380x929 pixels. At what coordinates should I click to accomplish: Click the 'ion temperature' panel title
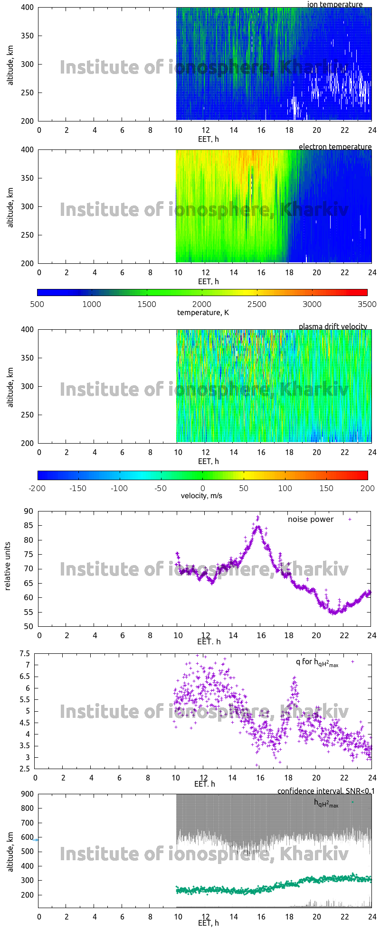point(335,4)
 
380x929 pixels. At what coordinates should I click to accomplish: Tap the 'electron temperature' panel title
point(335,147)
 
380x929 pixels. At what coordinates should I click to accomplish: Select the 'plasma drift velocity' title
point(332,326)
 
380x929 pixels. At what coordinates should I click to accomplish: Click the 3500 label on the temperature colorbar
point(367,304)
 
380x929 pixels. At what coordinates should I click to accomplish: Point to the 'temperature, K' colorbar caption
point(203,312)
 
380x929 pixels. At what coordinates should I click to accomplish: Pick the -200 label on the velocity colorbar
point(38,488)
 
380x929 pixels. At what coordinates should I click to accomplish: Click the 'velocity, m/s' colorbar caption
point(201,496)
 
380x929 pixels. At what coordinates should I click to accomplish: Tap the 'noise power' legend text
point(311,519)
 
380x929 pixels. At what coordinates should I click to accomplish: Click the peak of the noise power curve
point(258,516)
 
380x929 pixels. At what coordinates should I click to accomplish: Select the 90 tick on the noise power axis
point(29,511)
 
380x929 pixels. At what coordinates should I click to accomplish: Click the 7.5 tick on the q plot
point(24,653)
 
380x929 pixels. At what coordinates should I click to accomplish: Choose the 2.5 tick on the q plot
point(24,769)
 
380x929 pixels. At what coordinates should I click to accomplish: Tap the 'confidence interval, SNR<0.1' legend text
point(326,791)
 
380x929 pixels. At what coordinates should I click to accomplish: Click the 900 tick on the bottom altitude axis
point(27,794)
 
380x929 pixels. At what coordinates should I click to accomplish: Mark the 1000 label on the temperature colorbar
point(92,304)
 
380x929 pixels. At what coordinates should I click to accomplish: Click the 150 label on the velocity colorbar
point(326,488)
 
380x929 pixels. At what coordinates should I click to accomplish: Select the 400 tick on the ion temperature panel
point(27,8)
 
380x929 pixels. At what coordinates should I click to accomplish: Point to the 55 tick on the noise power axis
point(29,612)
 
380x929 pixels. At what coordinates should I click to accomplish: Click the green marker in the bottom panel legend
point(352,802)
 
